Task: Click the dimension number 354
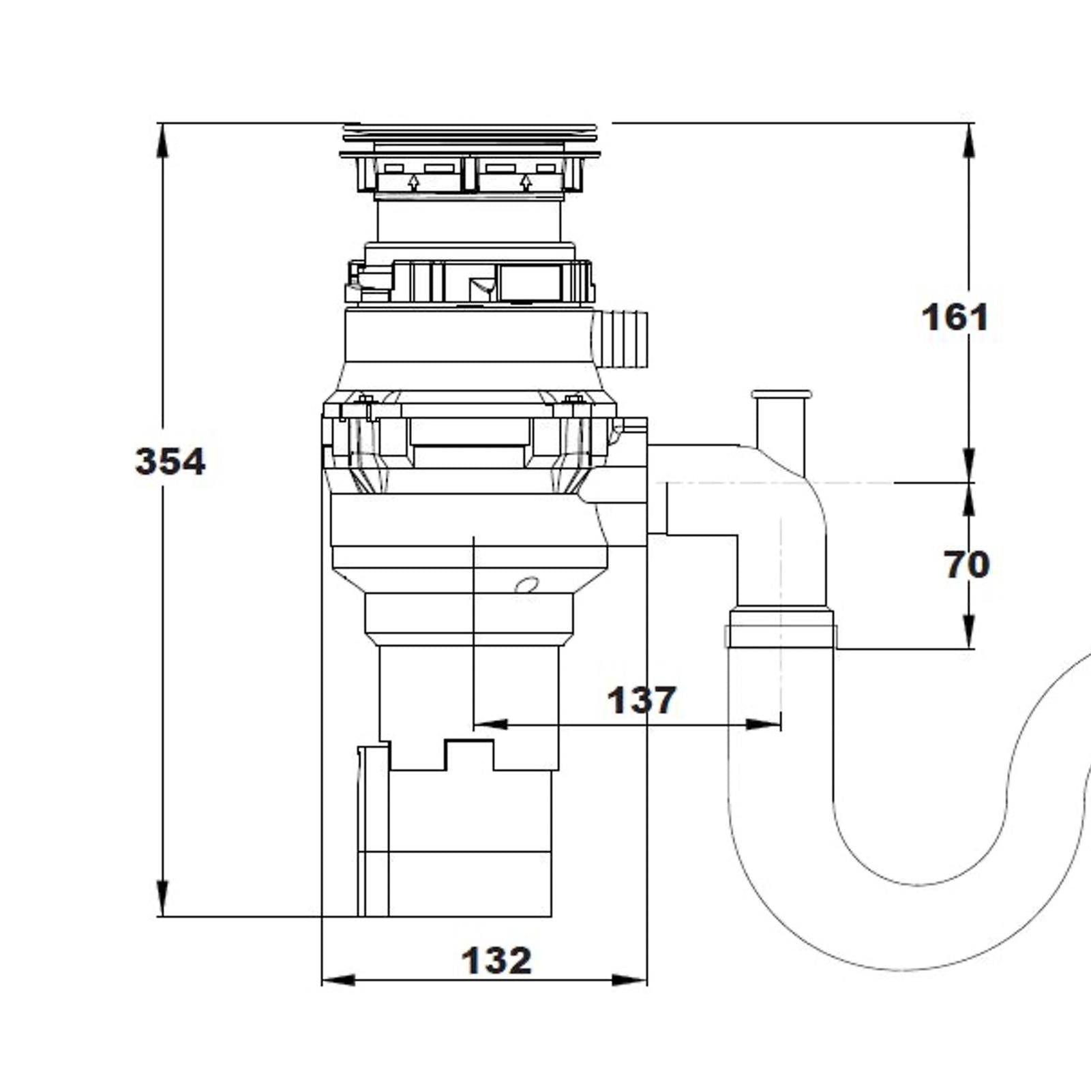coord(170,462)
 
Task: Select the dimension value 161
coord(954,318)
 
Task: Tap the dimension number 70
coord(966,565)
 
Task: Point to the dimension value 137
coord(642,700)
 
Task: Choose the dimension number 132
coord(496,961)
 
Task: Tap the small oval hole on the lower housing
coord(526,584)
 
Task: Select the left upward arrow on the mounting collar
coord(413,181)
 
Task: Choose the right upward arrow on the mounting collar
coord(525,181)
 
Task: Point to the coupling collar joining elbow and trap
coord(780,626)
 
